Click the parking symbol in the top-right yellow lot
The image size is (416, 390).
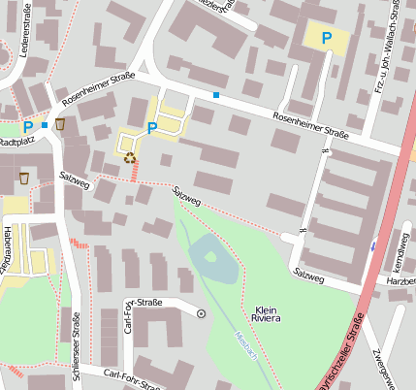point(327,38)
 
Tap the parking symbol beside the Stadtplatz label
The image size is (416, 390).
point(27,126)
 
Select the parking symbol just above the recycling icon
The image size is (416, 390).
point(151,127)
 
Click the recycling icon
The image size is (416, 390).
point(129,155)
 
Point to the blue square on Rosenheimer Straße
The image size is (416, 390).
point(215,95)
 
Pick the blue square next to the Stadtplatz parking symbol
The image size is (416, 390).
point(44,125)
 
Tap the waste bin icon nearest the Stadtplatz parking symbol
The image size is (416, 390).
point(60,124)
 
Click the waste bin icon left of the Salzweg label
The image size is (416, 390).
point(24,178)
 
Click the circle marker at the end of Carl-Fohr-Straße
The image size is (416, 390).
point(201,313)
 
